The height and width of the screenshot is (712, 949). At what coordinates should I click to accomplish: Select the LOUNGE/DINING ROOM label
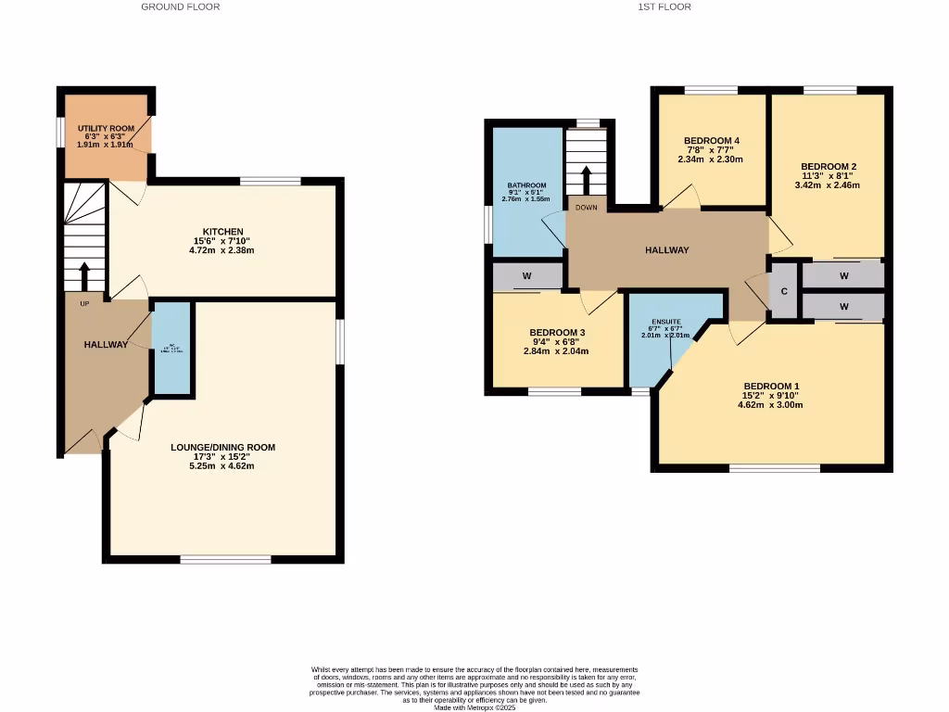[x=222, y=447]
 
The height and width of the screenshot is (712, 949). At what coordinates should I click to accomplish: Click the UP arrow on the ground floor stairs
[x=84, y=276]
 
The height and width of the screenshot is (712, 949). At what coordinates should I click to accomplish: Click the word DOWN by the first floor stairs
[x=586, y=208]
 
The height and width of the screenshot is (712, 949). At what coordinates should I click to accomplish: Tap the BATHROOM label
[x=526, y=185]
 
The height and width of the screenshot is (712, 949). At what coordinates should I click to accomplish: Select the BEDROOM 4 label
[x=712, y=141]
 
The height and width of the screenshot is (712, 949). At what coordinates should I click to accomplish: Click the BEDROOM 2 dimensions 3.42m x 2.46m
[x=827, y=184]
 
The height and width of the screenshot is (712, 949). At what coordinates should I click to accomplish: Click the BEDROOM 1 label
[x=770, y=387]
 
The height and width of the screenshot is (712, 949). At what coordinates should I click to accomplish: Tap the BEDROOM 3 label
[x=557, y=333]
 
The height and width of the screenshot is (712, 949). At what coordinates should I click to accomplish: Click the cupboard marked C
[x=784, y=291]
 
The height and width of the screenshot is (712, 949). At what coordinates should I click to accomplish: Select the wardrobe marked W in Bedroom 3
[x=526, y=275]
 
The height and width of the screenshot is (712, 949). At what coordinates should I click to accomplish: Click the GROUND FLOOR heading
[x=181, y=6]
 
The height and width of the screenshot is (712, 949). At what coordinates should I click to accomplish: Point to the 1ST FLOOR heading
[x=664, y=6]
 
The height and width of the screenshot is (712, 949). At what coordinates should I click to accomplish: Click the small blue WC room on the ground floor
[x=171, y=349]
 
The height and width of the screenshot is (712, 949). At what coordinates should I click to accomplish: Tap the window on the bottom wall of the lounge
[x=225, y=559]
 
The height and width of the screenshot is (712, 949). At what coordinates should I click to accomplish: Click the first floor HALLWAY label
[x=667, y=250]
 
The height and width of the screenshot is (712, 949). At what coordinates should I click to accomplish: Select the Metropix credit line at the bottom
[x=474, y=707]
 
